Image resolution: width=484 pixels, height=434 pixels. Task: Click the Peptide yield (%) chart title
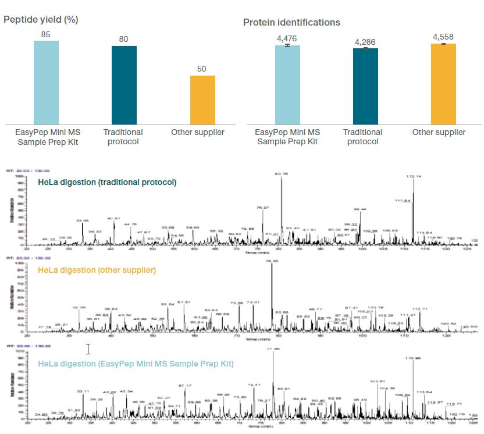[41, 19]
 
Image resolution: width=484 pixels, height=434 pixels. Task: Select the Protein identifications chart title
[291, 22]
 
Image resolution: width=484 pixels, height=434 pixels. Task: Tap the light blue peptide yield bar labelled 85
[46, 81]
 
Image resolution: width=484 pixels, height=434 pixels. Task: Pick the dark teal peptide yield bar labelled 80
[124, 84]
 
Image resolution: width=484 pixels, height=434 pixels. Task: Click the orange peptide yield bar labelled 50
[202, 99]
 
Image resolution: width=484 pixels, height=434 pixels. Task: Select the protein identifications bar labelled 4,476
[287, 84]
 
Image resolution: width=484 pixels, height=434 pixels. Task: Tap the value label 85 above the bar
[46, 34]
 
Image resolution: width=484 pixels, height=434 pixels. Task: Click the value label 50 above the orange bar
[202, 69]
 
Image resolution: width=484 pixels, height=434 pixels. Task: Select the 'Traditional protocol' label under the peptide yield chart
[123, 137]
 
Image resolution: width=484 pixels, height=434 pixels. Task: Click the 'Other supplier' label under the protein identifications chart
[439, 132]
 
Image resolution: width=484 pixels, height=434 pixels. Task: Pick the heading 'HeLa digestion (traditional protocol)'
[107, 182]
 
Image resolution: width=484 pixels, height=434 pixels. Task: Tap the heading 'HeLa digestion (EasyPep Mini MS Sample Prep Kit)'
[136, 364]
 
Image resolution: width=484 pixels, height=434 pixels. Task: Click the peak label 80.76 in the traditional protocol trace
[282, 173]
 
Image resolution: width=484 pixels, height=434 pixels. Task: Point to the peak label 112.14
[414, 176]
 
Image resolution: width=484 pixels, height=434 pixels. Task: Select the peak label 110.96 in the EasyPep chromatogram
[414, 358]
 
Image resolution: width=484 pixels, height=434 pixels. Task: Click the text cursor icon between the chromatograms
[88, 348]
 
